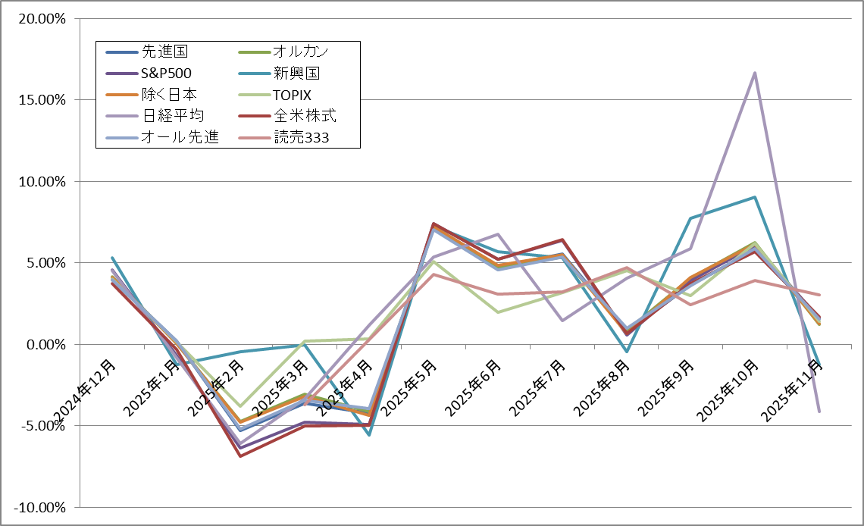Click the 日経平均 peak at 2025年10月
(755, 73)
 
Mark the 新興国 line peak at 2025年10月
(755, 197)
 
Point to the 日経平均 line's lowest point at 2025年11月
(819, 412)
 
